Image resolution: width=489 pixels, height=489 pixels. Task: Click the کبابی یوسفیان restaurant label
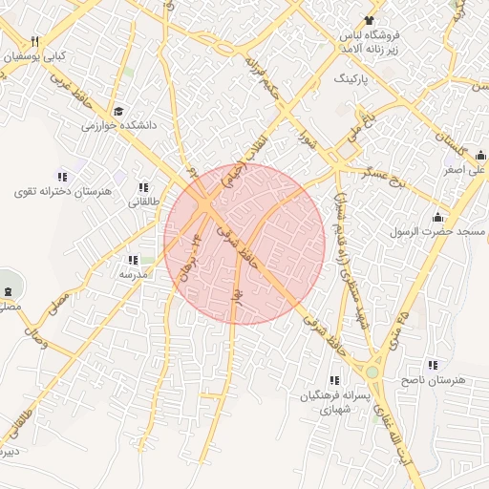pyautogui.click(x=34, y=56)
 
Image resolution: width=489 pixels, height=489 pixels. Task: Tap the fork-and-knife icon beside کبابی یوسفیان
pyautogui.click(x=34, y=41)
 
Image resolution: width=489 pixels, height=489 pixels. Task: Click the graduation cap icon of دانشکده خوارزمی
pyautogui.click(x=117, y=111)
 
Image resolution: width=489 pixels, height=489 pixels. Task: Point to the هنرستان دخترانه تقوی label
pyautogui.click(x=63, y=191)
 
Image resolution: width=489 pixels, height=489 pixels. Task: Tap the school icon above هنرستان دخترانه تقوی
pyautogui.click(x=63, y=177)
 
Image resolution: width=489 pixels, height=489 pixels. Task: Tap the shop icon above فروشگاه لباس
pyautogui.click(x=368, y=20)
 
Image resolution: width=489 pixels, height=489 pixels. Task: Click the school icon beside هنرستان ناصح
pyautogui.click(x=433, y=365)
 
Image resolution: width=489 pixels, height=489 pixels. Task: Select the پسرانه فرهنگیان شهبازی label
pyautogui.click(x=327, y=401)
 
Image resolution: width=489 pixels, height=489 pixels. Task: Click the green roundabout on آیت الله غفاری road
pyautogui.click(x=372, y=371)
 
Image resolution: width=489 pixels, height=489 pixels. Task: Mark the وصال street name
pyautogui.click(x=32, y=337)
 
